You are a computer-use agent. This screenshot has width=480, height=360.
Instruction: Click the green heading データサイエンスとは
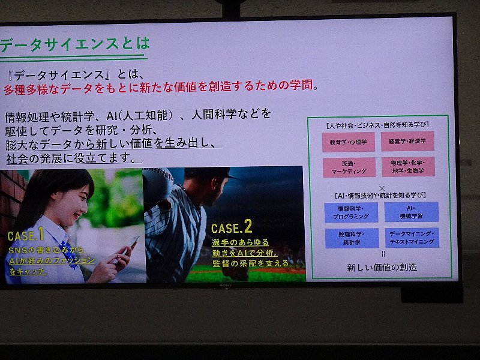click(x=74, y=44)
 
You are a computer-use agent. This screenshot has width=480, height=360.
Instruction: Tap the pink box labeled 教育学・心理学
click(x=349, y=142)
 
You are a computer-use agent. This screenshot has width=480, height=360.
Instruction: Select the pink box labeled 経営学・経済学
click(x=407, y=141)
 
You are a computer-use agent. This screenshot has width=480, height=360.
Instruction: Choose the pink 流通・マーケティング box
click(x=349, y=167)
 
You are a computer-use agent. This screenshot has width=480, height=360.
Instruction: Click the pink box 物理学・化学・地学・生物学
click(x=408, y=167)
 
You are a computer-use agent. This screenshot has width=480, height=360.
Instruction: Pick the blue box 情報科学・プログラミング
click(x=351, y=212)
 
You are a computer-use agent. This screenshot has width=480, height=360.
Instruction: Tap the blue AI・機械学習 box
click(x=412, y=212)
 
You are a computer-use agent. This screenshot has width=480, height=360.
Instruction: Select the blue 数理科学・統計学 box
click(x=352, y=238)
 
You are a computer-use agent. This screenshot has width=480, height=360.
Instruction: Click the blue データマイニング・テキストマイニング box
click(x=412, y=238)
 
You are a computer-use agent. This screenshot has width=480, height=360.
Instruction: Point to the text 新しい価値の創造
click(x=382, y=268)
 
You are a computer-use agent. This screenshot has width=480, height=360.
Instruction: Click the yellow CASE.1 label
click(x=26, y=235)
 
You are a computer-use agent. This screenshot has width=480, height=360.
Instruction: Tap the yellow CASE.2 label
click(x=232, y=227)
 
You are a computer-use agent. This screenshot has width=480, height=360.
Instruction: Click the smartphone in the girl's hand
click(x=127, y=248)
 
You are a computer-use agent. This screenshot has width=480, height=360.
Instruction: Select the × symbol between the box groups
click(x=382, y=188)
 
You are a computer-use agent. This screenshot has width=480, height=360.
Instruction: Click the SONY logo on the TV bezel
click(x=226, y=286)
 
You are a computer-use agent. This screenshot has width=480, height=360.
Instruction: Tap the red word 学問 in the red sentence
click(x=302, y=85)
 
